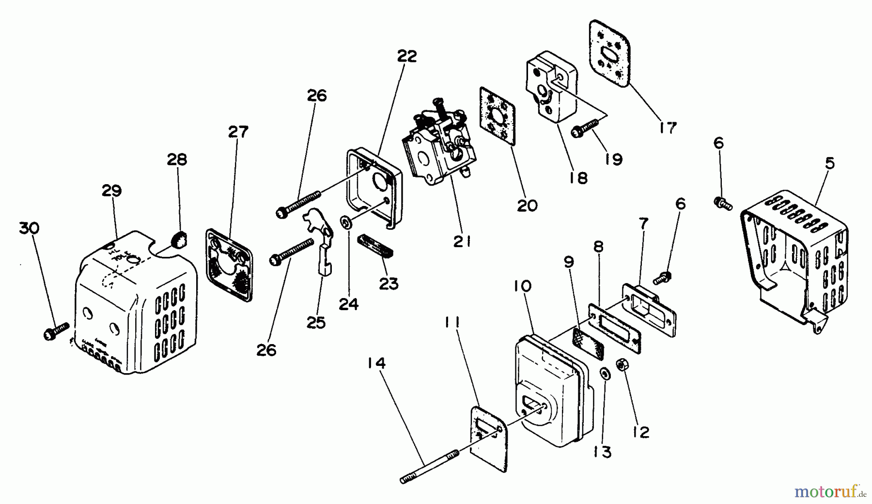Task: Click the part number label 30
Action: point(30,228)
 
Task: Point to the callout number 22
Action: point(407,57)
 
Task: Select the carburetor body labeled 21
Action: point(441,148)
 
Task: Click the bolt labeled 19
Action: point(584,129)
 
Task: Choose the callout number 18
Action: point(579,178)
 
